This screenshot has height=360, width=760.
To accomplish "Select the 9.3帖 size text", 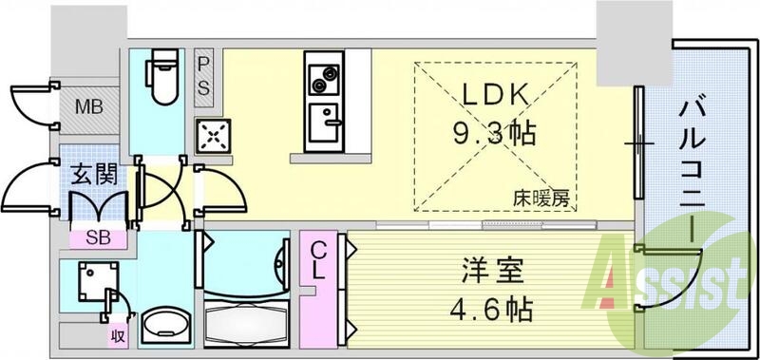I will click(496, 131).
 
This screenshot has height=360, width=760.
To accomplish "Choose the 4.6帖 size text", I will click(486, 310).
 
